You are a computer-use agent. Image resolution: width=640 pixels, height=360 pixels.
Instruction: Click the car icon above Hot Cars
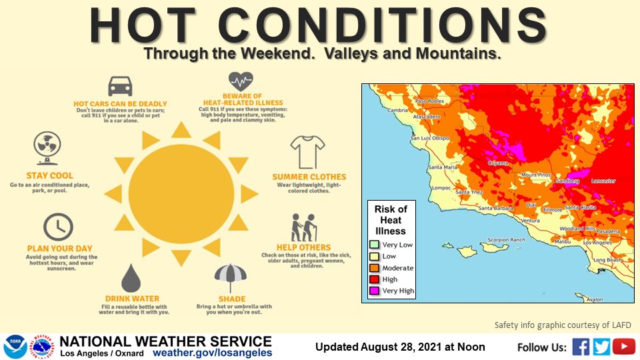coord(120,86)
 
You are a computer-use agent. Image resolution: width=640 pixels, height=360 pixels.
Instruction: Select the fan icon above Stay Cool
coord(47,146)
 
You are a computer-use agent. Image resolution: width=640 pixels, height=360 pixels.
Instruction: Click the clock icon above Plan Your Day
coord(59,227)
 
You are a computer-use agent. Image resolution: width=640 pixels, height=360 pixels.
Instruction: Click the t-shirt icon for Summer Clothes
coord(307,151)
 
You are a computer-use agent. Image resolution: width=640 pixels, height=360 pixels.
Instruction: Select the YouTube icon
coord(624,347)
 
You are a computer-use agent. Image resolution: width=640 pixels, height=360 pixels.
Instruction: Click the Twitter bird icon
coord(602,347)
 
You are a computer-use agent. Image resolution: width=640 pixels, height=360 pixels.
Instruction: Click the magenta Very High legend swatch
coord(374,291)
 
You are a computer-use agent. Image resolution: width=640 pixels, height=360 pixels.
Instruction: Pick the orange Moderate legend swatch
coord(374,267)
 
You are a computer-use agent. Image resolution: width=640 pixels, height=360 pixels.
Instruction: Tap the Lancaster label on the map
coord(603,181)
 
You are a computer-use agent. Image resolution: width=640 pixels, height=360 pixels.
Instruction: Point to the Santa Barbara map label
coord(495,209)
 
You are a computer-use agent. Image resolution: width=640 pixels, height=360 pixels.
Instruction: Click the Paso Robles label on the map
coord(429,101)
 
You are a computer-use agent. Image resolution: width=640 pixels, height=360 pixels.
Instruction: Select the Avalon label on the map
coord(594,299)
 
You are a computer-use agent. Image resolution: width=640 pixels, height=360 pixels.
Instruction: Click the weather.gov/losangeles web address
coord(213,352)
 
